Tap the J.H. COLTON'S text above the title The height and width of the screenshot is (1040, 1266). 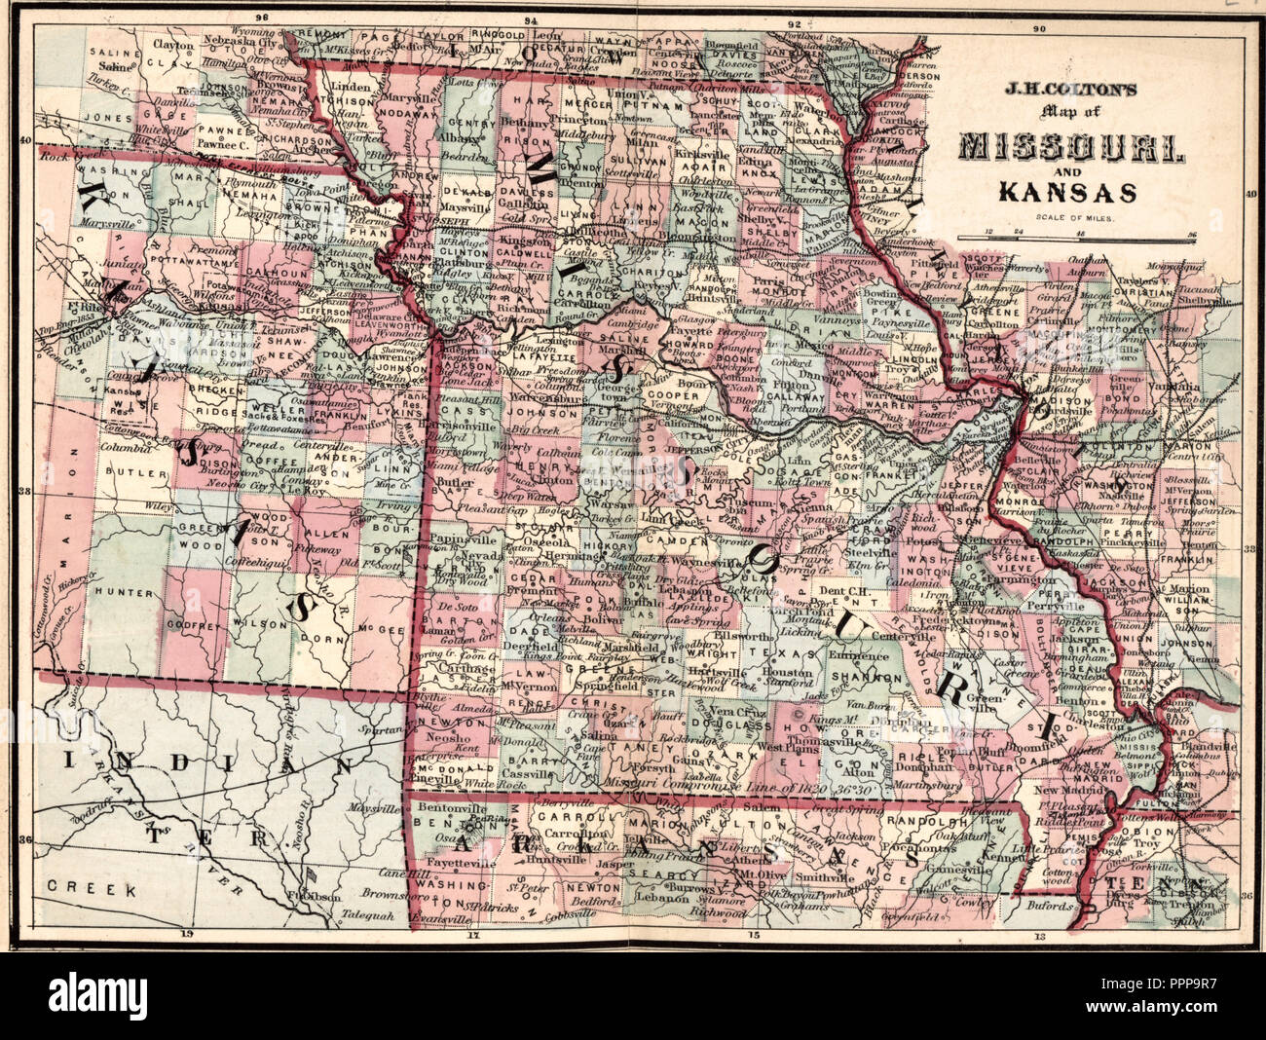(x=1070, y=87)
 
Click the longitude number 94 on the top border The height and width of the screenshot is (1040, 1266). (x=530, y=19)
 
